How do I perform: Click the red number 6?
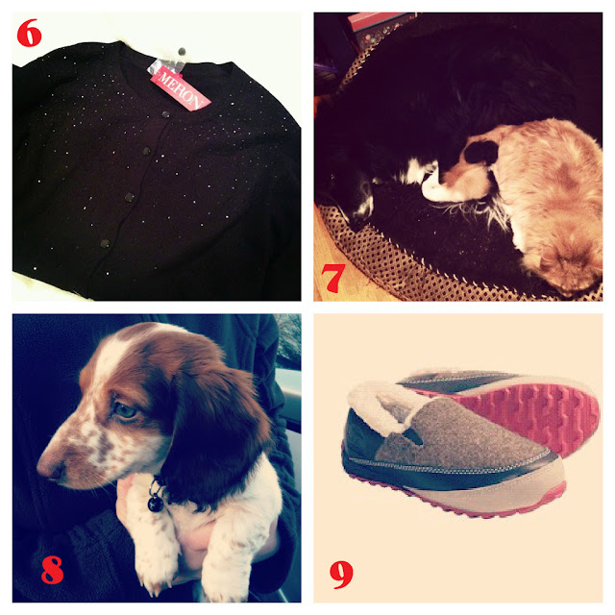29,33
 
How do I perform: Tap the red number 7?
333,278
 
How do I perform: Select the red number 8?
52,570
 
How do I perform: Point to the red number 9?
341,575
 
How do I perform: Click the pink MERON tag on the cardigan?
181,88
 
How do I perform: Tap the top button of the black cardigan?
165,114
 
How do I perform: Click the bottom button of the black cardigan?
105,243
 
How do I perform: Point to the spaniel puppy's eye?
126,411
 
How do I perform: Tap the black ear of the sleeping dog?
481,152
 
